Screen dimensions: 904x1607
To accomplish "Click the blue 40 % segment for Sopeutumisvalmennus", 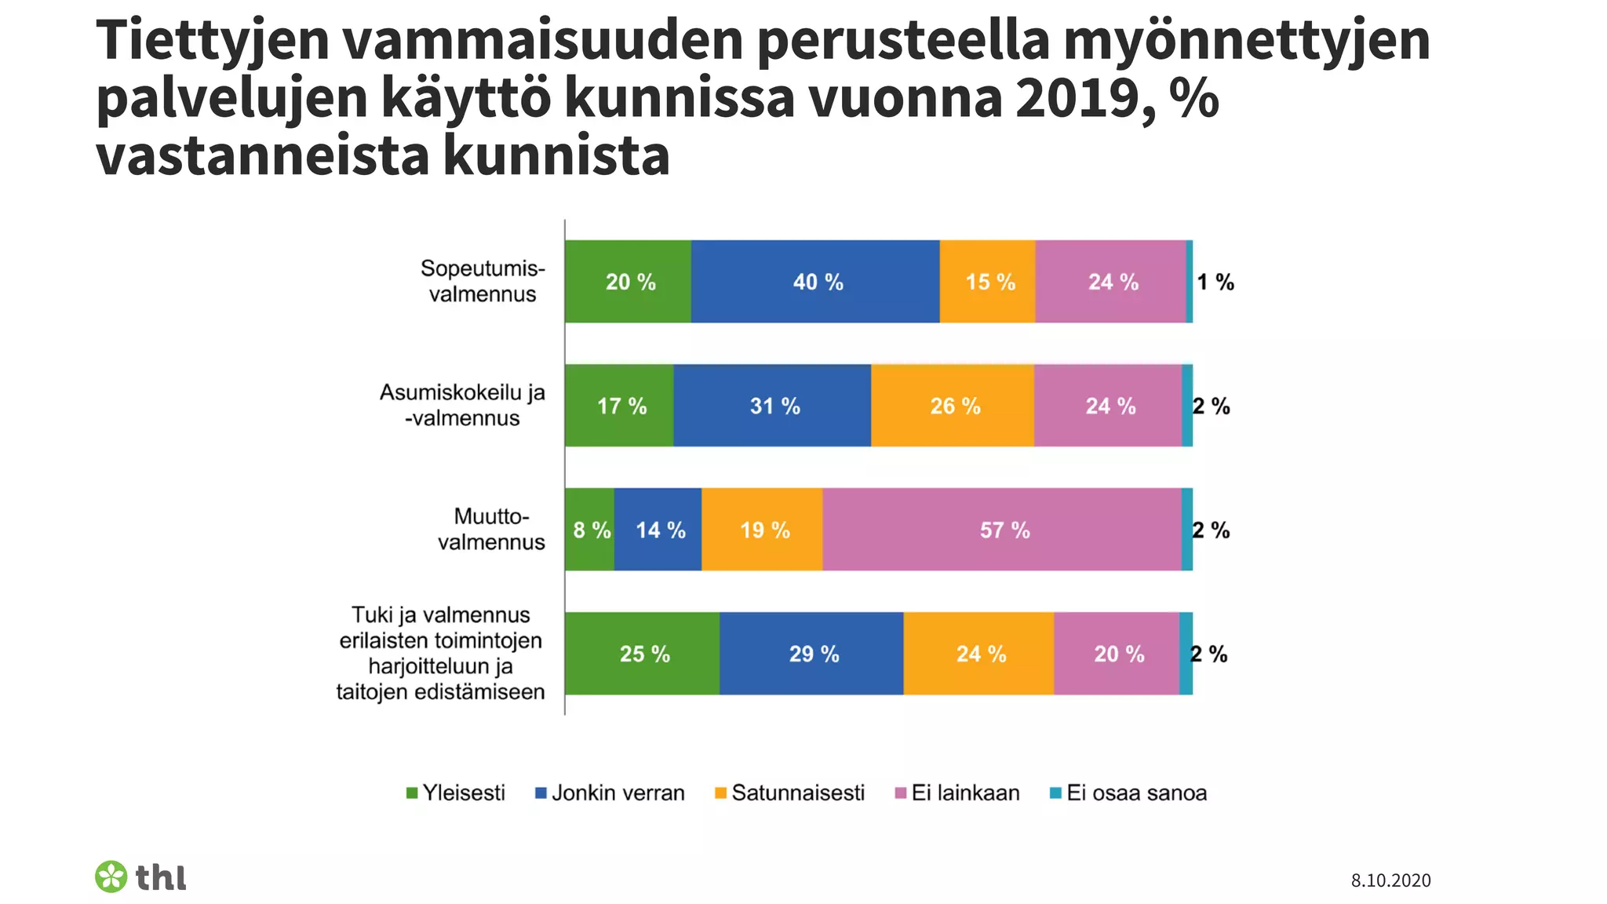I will [815, 282].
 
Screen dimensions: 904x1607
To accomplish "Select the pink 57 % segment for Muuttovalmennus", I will [1002, 530].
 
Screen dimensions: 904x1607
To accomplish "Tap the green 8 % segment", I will [589, 530].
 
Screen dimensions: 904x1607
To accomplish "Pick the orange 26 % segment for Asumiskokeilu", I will [953, 406].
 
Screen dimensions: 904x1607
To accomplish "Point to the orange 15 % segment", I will [988, 282].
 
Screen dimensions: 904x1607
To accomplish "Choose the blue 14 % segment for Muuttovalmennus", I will [658, 530].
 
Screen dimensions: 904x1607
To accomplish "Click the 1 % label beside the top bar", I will [1215, 282].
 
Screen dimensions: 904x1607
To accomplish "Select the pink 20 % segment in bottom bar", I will [1117, 654].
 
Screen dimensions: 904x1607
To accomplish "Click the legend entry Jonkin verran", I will [610, 793].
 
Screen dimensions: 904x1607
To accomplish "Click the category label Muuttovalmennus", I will [491, 529].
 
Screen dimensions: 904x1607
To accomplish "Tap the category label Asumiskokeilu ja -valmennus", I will [462, 405].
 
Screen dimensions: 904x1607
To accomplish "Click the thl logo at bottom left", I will [141, 877].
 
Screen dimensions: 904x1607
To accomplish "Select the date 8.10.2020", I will [1390, 880].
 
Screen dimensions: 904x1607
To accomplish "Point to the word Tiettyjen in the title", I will [213, 41].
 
